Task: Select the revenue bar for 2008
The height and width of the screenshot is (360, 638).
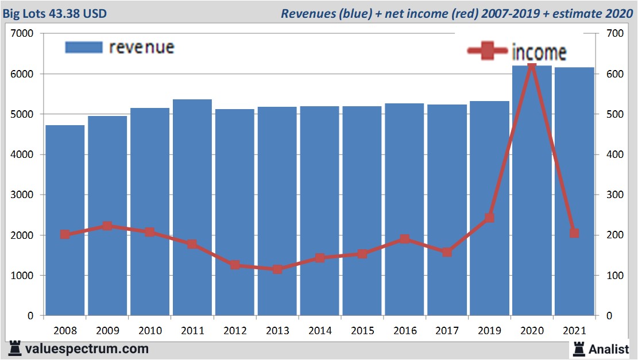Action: click(65, 220)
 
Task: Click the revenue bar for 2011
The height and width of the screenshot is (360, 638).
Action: click(192, 207)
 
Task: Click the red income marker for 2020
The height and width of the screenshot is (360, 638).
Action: click(532, 68)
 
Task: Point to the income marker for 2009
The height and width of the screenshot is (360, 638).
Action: click(107, 226)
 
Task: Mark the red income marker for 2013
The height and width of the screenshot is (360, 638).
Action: click(277, 269)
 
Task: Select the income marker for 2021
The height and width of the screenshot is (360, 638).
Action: click(574, 233)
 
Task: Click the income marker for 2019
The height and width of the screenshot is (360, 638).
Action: click(489, 218)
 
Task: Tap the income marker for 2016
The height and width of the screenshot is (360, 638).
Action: click(404, 239)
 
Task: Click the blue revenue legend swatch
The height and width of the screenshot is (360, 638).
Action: click(84, 47)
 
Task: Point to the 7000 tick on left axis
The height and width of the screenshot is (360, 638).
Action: click(24, 34)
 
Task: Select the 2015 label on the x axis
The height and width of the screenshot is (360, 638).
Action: click(362, 331)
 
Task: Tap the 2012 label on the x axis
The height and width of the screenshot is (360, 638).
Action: click(235, 331)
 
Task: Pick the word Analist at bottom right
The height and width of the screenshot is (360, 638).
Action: click(609, 349)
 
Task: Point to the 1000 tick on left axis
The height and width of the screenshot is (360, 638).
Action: click(24, 276)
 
